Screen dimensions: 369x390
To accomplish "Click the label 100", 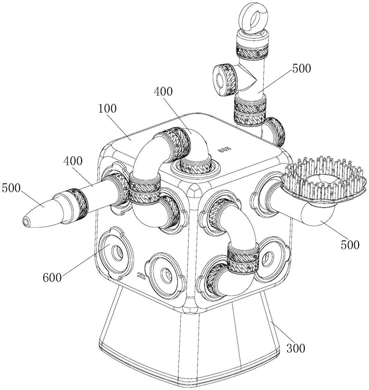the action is tap(107, 109).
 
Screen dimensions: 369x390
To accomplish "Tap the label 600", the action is tap(52, 277).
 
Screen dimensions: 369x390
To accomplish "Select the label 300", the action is tap(296, 348).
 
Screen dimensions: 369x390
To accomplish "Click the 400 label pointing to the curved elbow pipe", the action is tap(163, 92).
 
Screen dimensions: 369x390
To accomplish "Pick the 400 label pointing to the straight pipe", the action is tap(73, 161).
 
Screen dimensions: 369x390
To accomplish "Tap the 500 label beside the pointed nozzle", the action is tap(11, 188).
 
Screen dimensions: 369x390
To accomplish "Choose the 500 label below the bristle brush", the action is tap(350, 245).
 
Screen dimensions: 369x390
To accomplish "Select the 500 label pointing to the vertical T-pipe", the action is tap(302, 68).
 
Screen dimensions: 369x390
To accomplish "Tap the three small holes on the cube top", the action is tap(224, 149).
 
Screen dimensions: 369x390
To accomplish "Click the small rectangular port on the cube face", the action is tap(141, 275).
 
